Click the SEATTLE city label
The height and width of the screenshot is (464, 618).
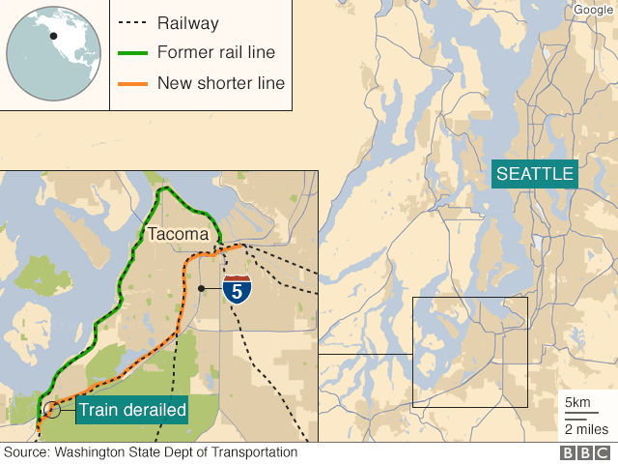535,175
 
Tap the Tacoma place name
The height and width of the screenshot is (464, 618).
177,234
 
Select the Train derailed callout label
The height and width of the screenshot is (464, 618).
132,410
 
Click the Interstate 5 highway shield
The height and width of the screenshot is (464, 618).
235,289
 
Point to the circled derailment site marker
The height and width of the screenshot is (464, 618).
49,409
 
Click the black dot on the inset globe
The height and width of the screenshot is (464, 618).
54,36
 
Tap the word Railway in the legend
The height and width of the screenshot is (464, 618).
187,23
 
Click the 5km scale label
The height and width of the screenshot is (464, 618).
577,402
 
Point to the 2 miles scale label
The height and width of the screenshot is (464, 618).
585,429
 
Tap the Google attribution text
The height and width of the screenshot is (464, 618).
593,10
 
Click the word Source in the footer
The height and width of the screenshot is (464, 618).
27,452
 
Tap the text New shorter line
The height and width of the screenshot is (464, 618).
220,84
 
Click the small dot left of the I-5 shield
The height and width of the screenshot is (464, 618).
200,288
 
